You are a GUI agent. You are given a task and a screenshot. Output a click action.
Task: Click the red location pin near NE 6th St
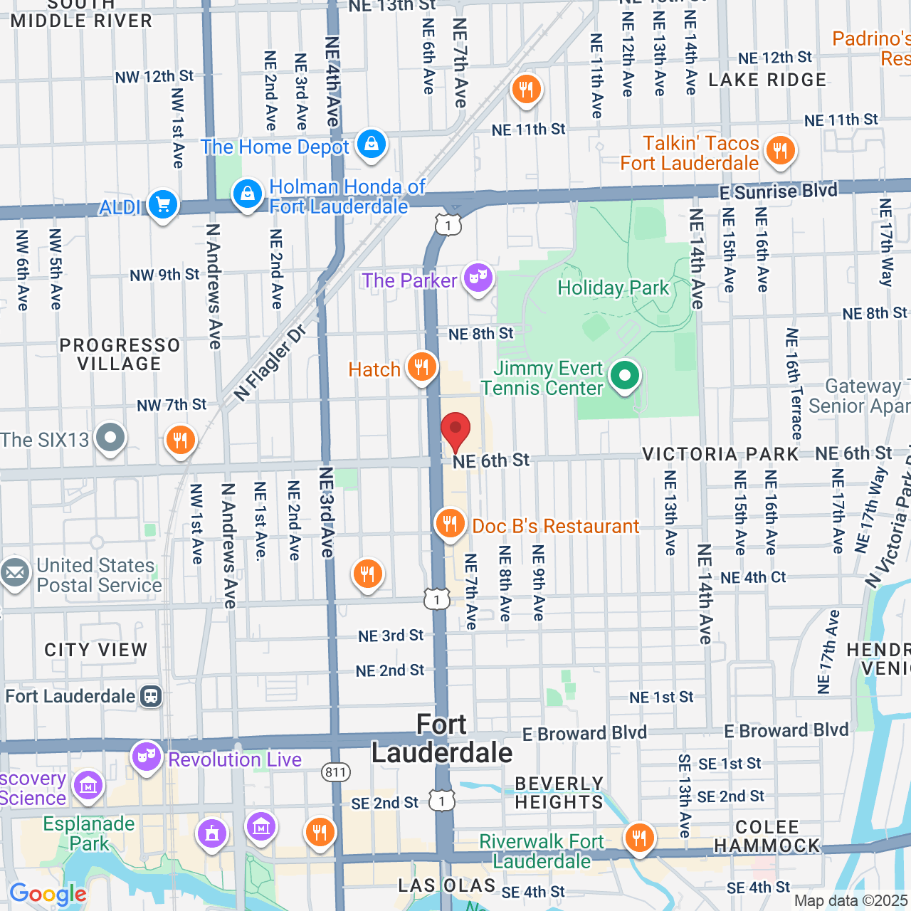tap(455, 431)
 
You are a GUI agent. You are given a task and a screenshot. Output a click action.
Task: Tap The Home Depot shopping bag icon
tap(371, 144)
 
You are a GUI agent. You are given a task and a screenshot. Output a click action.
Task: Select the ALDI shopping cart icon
tap(163, 205)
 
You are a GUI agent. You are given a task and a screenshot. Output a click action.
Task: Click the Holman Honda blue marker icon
tap(247, 194)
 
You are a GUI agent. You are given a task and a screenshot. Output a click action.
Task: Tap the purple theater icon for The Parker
tap(478, 278)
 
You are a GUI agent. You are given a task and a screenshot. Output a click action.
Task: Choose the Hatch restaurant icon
tap(422, 367)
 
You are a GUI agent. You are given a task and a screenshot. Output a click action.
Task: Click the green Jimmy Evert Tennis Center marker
tap(624, 375)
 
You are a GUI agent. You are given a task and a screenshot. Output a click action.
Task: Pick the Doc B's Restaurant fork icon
tap(450, 525)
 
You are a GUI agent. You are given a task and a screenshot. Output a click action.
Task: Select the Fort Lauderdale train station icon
tap(151, 696)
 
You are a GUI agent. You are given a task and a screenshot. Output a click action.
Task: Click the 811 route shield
tap(335, 772)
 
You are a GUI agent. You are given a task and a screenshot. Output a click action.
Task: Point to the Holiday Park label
tap(613, 288)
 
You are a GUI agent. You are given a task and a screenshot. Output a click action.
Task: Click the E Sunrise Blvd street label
tap(778, 191)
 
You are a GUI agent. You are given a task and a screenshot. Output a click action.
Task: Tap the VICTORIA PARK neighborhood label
tap(720, 454)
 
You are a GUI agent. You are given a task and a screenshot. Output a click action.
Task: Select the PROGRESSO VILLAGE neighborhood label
tap(120, 354)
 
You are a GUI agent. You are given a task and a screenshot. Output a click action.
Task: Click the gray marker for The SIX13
tap(110, 438)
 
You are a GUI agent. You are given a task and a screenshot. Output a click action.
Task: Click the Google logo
tap(48, 894)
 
